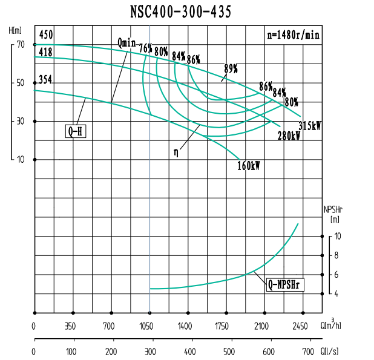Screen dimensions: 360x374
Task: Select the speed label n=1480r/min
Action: coord(293,34)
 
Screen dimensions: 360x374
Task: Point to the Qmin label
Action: coord(126,43)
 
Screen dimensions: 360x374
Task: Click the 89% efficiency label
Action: coord(230,68)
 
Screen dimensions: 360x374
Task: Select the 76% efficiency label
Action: coord(145,48)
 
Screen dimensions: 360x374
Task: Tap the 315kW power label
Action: coord(309,126)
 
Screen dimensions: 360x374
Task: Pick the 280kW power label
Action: coord(289,136)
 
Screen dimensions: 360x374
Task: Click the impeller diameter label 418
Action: coord(45,52)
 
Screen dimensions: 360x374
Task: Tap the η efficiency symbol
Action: coord(176,152)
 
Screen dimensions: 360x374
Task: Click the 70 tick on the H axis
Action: coord(21,44)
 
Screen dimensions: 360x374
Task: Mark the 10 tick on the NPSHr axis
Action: coord(338,236)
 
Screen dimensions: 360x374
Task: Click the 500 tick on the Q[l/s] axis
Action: coord(228,352)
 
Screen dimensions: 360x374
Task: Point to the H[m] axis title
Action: coord(16,30)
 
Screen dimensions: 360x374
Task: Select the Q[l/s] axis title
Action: coord(330,352)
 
